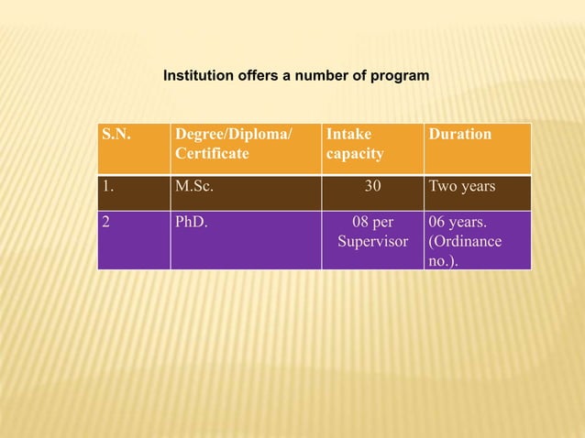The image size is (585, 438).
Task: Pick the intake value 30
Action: click(x=372, y=187)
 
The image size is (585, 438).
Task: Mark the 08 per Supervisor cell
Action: click(x=372, y=231)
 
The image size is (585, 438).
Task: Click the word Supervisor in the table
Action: click(x=372, y=242)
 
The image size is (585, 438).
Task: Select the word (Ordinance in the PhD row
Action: click(x=465, y=242)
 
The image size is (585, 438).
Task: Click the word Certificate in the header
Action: click(x=212, y=154)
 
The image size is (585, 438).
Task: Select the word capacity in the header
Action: click(x=354, y=154)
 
